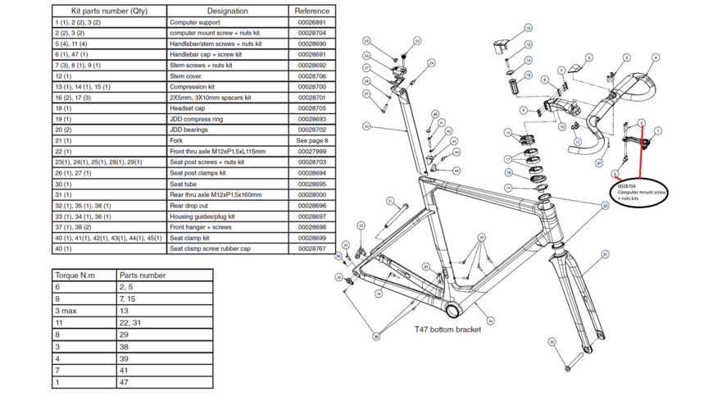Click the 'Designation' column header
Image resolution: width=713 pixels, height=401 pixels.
(x=227, y=11)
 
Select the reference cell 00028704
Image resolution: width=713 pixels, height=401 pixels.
(x=311, y=33)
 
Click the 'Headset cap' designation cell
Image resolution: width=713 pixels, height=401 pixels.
(x=227, y=108)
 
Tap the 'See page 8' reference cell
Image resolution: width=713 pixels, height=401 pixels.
(x=311, y=140)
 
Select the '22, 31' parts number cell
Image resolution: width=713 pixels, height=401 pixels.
(x=164, y=323)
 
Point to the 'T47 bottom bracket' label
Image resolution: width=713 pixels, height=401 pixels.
(x=447, y=330)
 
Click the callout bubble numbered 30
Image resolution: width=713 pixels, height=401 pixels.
(x=367, y=126)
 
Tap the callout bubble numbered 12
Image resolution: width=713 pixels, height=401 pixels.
(x=528, y=28)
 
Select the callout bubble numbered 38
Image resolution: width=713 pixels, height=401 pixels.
(x=376, y=336)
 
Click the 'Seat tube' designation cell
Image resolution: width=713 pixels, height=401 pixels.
(x=227, y=184)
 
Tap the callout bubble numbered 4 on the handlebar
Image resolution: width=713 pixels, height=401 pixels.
(x=656, y=57)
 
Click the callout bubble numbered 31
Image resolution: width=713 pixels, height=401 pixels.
(x=390, y=202)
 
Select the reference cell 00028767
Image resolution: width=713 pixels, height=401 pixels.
(x=311, y=248)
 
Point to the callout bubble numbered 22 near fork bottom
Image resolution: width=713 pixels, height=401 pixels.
(x=552, y=342)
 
